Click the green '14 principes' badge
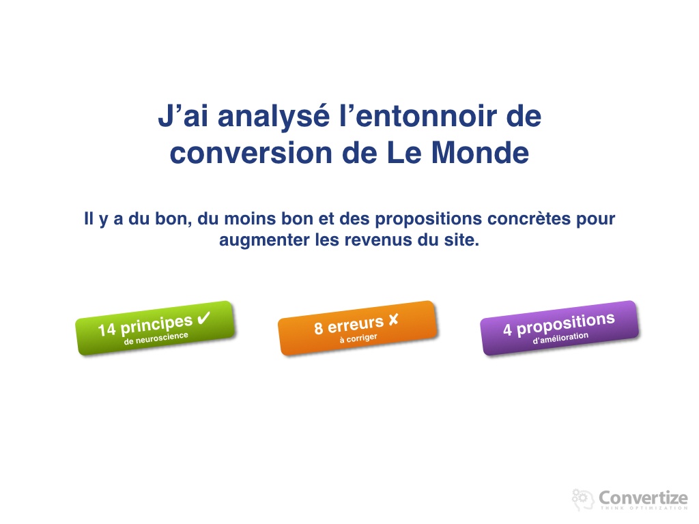tap(155, 328)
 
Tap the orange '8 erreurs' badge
tap(358, 328)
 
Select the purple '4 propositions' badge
tap(560, 328)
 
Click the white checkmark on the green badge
tap(203, 318)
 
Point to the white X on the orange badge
tap(393, 319)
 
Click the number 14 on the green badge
tap(107, 330)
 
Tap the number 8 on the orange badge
tap(318, 328)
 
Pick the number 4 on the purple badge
tap(507, 330)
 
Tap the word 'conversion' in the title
tap(251, 153)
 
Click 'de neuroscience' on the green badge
tap(156, 338)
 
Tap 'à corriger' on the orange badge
tap(358, 338)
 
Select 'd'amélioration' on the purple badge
tap(560, 338)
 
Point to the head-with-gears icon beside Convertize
tap(582, 499)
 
